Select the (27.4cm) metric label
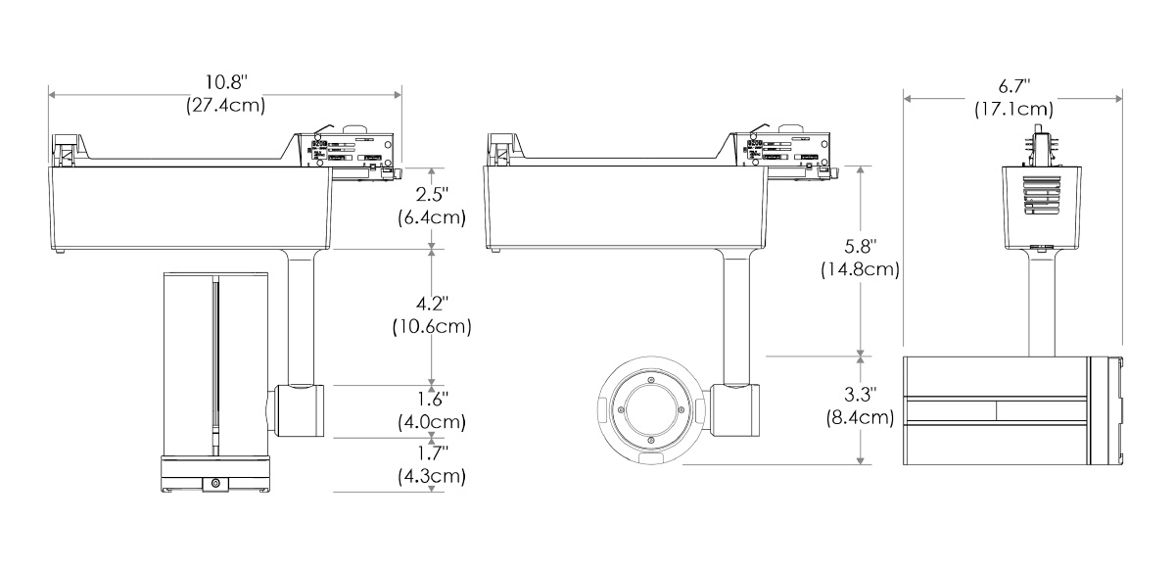[x=225, y=104]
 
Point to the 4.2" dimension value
[x=431, y=302]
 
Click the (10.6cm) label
[x=431, y=326]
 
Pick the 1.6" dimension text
[x=431, y=399]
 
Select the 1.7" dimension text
[x=431, y=453]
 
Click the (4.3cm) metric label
[x=431, y=478]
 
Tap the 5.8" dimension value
[x=860, y=243]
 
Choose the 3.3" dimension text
[x=860, y=394]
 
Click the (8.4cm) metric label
[x=860, y=418]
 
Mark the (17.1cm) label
[x=1012, y=109]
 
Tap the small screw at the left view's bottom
[x=214, y=482]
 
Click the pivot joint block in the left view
[x=300, y=410]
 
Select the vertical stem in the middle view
[x=735, y=315]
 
